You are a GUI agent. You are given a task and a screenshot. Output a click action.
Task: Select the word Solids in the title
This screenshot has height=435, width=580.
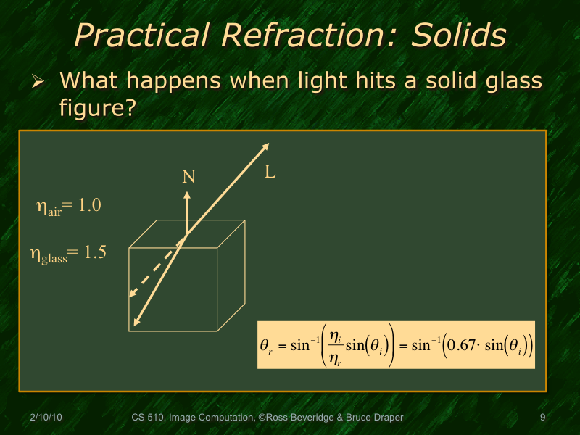pyautogui.click(x=458, y=34)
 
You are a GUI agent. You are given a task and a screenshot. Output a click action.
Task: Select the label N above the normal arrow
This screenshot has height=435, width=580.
pyautogui.click(x=188, y=176)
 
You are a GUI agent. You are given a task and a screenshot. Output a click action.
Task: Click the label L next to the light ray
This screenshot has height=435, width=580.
pyautogui.click(x=270, y=173)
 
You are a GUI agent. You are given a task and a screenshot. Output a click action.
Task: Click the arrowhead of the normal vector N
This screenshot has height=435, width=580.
pyautogui.click(x=187, y=194)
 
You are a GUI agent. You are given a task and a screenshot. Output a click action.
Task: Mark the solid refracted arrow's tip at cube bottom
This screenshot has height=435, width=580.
pyautogui.click(x=135, y=323)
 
